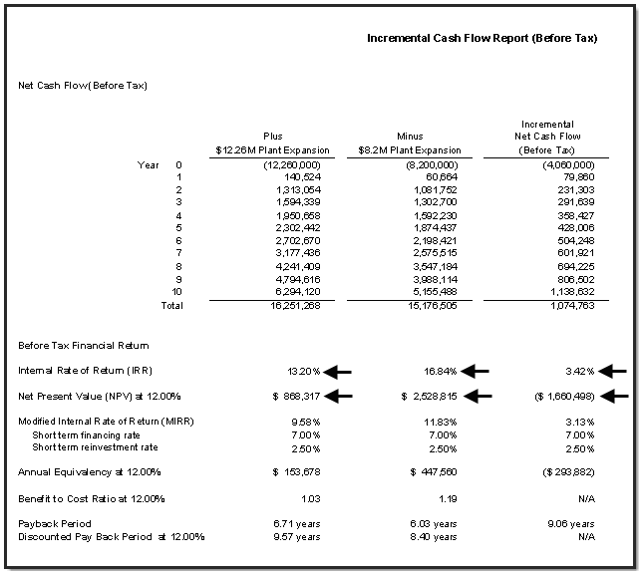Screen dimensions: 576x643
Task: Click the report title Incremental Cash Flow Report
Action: pos(482,38)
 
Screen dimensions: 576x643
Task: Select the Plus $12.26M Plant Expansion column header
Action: pos(272,143)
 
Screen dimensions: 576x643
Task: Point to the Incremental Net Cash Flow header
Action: pos(547,137)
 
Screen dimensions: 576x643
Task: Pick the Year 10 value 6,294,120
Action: pos(293,291)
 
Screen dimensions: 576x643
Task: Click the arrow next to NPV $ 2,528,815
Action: pos(478,396)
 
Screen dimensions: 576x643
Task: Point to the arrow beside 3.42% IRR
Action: pos(615,372)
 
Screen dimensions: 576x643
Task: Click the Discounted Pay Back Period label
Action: pos(111,537)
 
